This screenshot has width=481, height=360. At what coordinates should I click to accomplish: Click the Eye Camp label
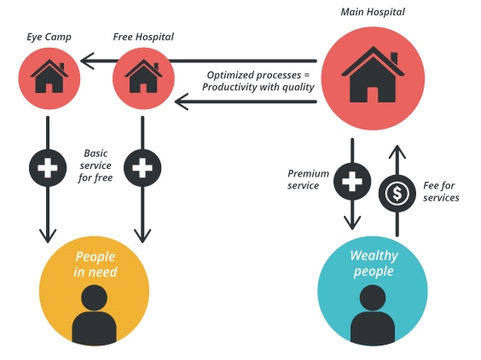49,38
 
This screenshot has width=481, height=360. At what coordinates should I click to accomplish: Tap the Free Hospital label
143,37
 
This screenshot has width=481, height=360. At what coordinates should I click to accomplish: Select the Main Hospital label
373,12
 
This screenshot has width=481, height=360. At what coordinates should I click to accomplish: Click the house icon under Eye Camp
49,77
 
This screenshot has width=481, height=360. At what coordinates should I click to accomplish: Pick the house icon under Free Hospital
143,77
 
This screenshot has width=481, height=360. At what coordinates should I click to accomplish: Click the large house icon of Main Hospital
373,74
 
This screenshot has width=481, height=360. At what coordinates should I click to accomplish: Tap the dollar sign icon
397,194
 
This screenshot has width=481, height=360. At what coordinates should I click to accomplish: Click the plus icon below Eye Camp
48,168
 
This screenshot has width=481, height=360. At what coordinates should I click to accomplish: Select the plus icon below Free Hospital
142,168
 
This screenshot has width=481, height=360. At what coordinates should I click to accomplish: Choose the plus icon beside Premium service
352,182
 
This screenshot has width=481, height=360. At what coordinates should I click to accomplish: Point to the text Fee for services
441,191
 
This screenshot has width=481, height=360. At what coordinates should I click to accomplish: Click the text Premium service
308,179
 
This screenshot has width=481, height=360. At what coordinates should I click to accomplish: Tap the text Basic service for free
96,165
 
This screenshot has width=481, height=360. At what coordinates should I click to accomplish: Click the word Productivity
229,87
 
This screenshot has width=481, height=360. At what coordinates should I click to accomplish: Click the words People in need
96,264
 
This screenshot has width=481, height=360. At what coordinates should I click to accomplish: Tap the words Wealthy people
374,264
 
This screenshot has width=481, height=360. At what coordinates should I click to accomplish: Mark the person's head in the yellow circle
94,298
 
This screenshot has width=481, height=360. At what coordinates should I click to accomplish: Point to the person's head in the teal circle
373,298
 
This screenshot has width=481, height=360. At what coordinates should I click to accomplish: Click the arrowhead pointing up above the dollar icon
397,152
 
